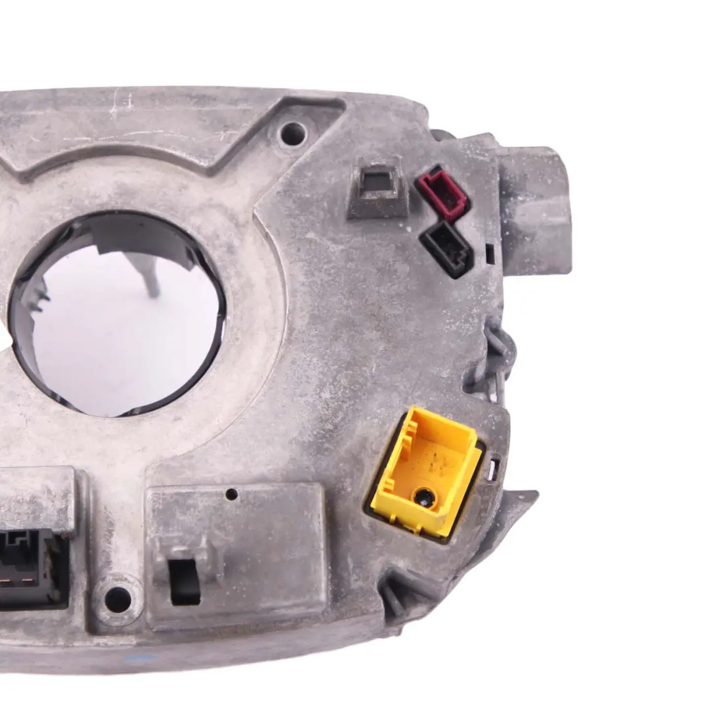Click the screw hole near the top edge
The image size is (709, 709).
(x=293, y=133)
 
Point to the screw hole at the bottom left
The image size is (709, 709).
(x=118, y=597)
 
